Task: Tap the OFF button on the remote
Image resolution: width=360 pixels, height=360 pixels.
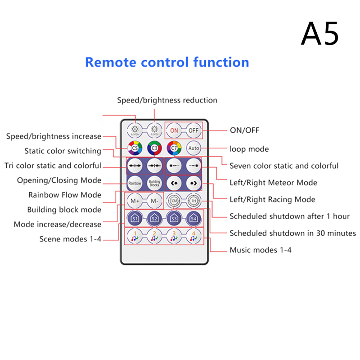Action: point(193,130)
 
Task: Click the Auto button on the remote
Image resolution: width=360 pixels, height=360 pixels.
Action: point(193,148)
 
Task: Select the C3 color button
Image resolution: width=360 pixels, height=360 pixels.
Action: point(154,148)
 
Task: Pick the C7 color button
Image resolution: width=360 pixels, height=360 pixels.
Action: point(174,148)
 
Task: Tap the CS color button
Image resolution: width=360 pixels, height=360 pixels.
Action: point(135,148)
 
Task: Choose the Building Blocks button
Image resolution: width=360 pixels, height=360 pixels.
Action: point(154,183)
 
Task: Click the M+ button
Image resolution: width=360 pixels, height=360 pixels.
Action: point(135,201)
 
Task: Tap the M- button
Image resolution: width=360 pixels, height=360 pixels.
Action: point(154,201)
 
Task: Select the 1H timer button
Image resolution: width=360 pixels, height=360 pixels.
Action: point(193,201)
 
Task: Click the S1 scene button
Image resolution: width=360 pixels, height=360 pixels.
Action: point(135,218)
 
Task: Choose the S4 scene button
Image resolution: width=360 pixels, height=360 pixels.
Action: point(193,218)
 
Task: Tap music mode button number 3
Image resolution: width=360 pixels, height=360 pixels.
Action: point(174,236)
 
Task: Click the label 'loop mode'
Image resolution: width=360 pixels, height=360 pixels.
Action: point(249,148)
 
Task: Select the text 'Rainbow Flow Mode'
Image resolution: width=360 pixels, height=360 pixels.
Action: point(65,195)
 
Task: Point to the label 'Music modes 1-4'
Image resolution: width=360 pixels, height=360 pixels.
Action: point(261,250)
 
